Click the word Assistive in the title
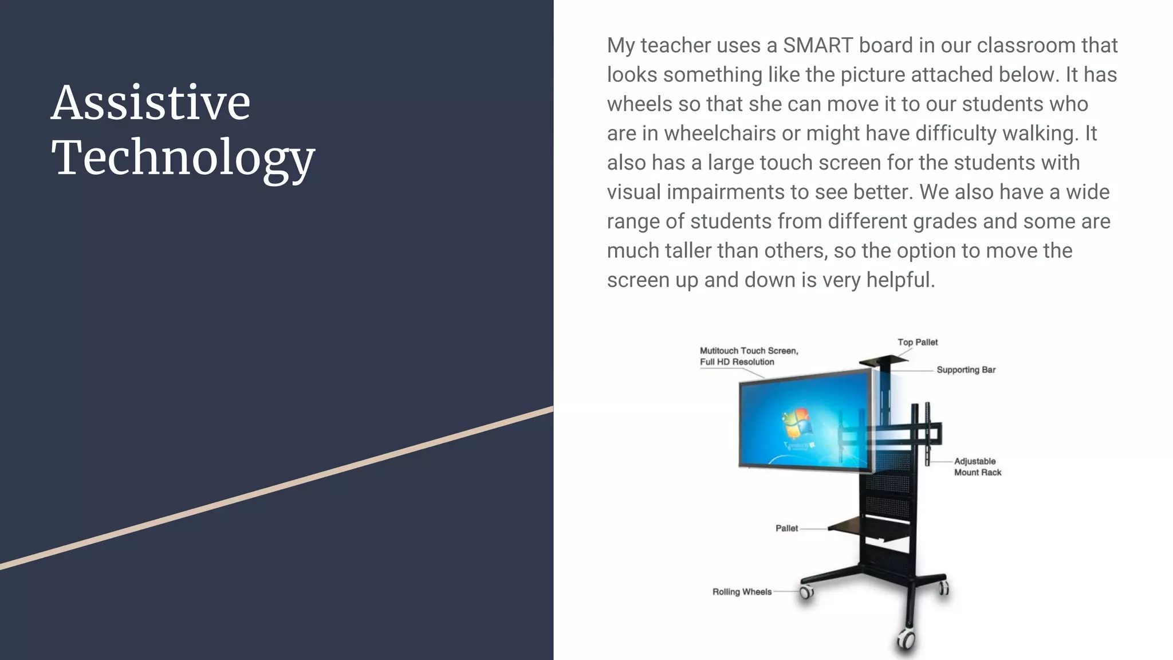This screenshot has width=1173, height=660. coord(151,103)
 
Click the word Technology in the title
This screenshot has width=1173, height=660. coord(183,158)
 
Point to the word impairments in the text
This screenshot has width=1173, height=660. coord(727,192)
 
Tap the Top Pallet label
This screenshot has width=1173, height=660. coord(918,342)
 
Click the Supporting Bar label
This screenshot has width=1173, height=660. coord(966,370)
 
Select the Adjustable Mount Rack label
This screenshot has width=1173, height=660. coord(978,467)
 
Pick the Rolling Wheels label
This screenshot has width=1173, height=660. coord(742,592)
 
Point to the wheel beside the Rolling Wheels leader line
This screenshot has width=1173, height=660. coord(806,592)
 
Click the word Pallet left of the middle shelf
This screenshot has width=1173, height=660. coord(786,528)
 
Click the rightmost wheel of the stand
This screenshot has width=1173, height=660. coord(943,588)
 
